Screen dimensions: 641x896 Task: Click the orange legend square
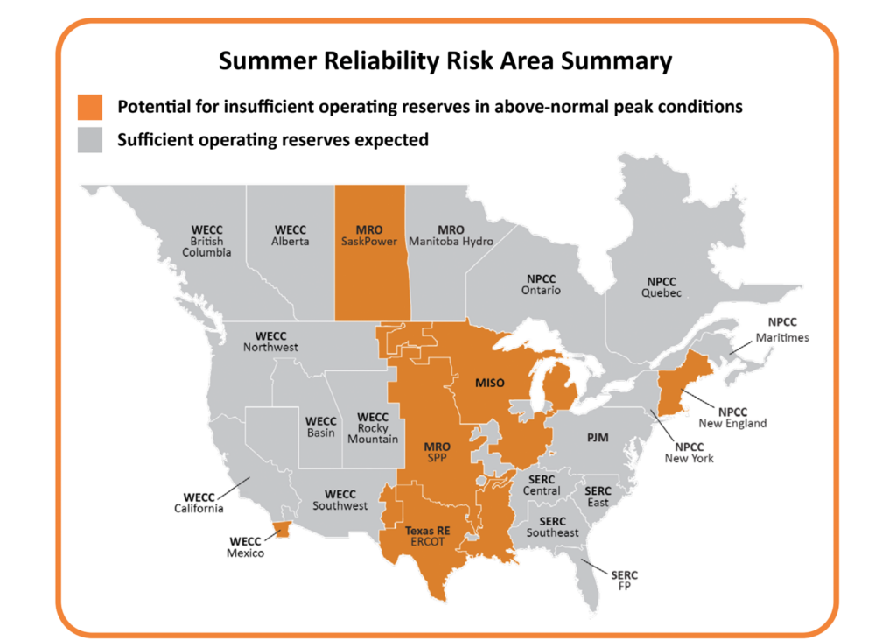point(90,107)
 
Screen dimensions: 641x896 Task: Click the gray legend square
point(90,139)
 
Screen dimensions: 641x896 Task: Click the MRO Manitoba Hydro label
point(451,236)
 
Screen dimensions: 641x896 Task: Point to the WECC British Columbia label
point(206,241)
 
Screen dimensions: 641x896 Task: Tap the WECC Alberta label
point(290,236)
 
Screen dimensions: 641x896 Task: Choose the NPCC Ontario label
point(540,284)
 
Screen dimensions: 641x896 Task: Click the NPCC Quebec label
point(661,287)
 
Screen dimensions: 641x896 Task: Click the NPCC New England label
point(733,417)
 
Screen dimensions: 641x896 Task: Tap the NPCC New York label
point(689,452)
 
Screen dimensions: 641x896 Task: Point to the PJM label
point(598,436)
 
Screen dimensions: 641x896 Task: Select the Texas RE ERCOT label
point(425,536)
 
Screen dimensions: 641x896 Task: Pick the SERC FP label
point(625,581)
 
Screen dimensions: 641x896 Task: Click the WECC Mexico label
point(246,546)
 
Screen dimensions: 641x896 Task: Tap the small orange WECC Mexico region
point(281,529)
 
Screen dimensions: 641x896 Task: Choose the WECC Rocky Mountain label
point(372,427)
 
